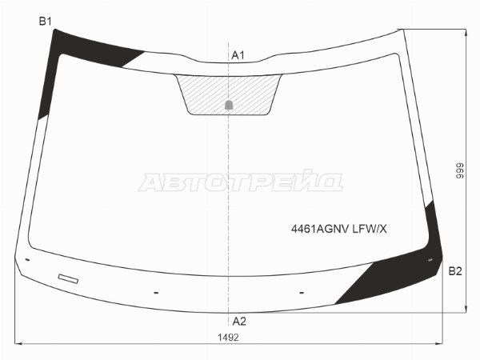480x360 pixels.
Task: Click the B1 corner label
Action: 45,21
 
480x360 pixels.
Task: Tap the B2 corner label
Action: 455,271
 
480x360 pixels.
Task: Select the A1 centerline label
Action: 238,55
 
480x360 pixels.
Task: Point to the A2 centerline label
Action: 239,322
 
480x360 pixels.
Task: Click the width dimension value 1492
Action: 228,338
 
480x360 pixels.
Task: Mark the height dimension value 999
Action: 460,171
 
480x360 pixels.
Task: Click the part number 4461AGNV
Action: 320,229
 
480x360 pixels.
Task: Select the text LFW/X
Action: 370,229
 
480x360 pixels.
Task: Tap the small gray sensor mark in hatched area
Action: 229,105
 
